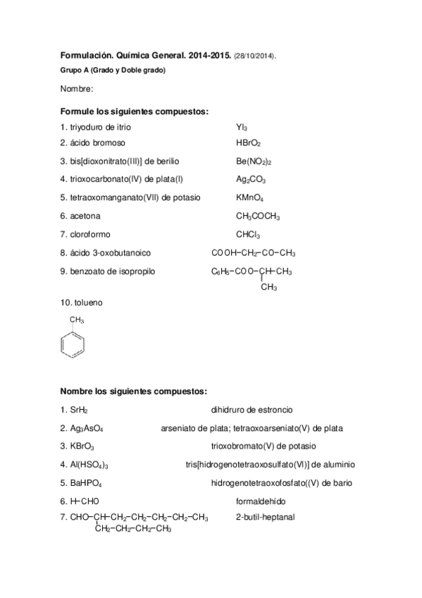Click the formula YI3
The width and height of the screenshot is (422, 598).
pos(242,128)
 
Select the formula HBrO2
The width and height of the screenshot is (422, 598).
pos(248,143)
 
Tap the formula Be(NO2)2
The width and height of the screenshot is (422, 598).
pos(254,161)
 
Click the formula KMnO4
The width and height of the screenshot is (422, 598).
pos(249,198)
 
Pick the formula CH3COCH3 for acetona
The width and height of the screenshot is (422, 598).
pos(258,216)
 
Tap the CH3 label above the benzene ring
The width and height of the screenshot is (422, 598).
pos(77,321)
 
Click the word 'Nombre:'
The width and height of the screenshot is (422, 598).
pos(76,89)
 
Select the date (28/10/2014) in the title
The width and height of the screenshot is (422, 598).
pos(256,55)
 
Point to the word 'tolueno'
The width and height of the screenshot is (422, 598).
pos(87,303)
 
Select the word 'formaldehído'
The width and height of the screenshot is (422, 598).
pos(261,501)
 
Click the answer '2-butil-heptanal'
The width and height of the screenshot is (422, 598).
pos(265,518)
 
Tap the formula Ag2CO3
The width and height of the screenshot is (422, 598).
pos(250,180)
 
